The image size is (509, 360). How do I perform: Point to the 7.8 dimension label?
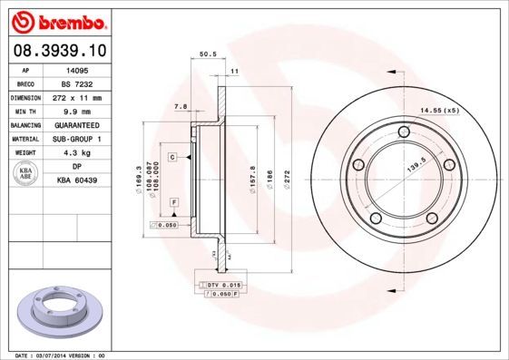tap(180, 107)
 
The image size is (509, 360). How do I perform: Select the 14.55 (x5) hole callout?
tap(438, 110)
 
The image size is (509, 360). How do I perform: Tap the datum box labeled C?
tap(171, 158)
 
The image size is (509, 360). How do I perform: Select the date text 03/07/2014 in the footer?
tap(60, 356)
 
